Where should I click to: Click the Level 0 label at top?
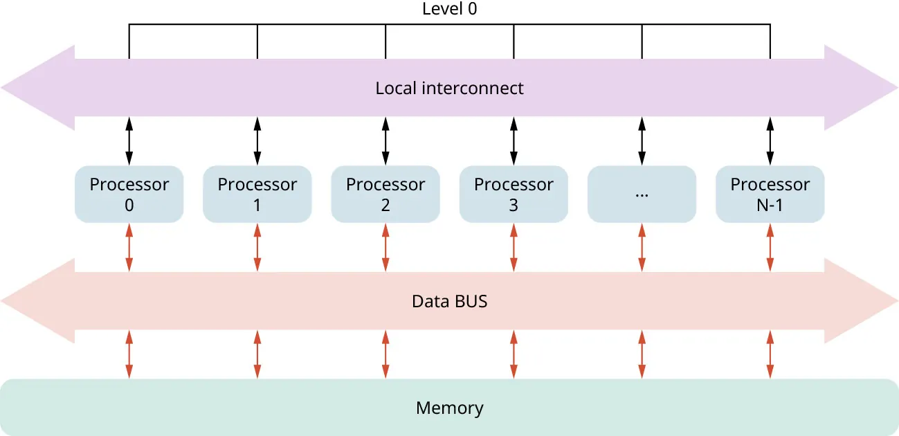click(449, 10)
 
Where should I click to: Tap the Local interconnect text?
click(449, 89)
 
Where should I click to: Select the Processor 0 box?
click(129, 194)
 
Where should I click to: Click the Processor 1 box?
click(257, 194)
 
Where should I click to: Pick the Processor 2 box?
click(385, 194)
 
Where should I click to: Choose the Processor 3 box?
click(514, 194)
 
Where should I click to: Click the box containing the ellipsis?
click(642, 194)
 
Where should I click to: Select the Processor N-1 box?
click(770, 194)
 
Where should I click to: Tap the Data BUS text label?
click(449, 302)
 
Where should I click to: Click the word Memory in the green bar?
click(449, 408)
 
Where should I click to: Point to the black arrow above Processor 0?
click(129, 141)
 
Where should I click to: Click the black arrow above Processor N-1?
click(770, 141)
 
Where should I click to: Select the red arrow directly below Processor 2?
click(385, 247)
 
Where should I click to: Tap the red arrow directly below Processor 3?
click(514, 247)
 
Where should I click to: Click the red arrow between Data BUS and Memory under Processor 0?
click(129, 354)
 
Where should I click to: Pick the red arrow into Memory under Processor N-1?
click(770, 354)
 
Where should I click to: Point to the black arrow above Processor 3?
click(514, 141)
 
